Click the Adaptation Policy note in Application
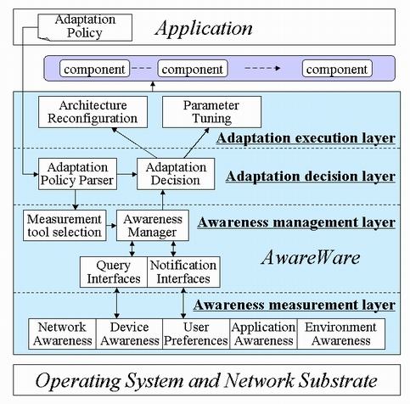[85, 27]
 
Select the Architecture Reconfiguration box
[93, 112]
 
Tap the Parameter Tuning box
[211, 112]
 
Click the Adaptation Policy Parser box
[77, 174]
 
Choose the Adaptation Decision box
[176, 174]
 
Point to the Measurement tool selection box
[65, 226]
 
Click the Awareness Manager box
[153, 226]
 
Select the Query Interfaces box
[114, 272]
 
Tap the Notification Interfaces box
[183, 272]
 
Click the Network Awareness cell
[62, 334]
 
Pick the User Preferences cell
[196, 334]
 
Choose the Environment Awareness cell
[341, 334]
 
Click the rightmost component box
[337, 69]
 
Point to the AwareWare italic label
[311, 258]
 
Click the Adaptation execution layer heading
[306, 138]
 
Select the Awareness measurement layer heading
[295, 306]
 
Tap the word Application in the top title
[204, 29]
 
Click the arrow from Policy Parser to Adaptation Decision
[127, 174]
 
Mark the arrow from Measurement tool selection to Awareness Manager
[111, 226]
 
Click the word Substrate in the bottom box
[338, 380]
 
